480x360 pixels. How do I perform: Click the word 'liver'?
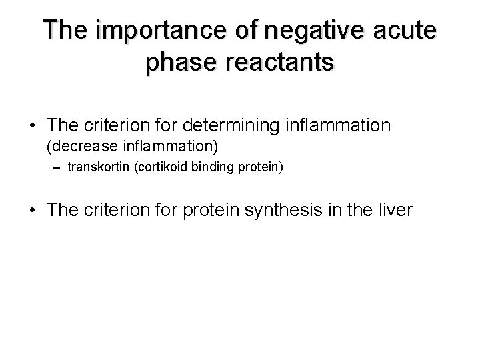pyautogui.click(x=396, y=211)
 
